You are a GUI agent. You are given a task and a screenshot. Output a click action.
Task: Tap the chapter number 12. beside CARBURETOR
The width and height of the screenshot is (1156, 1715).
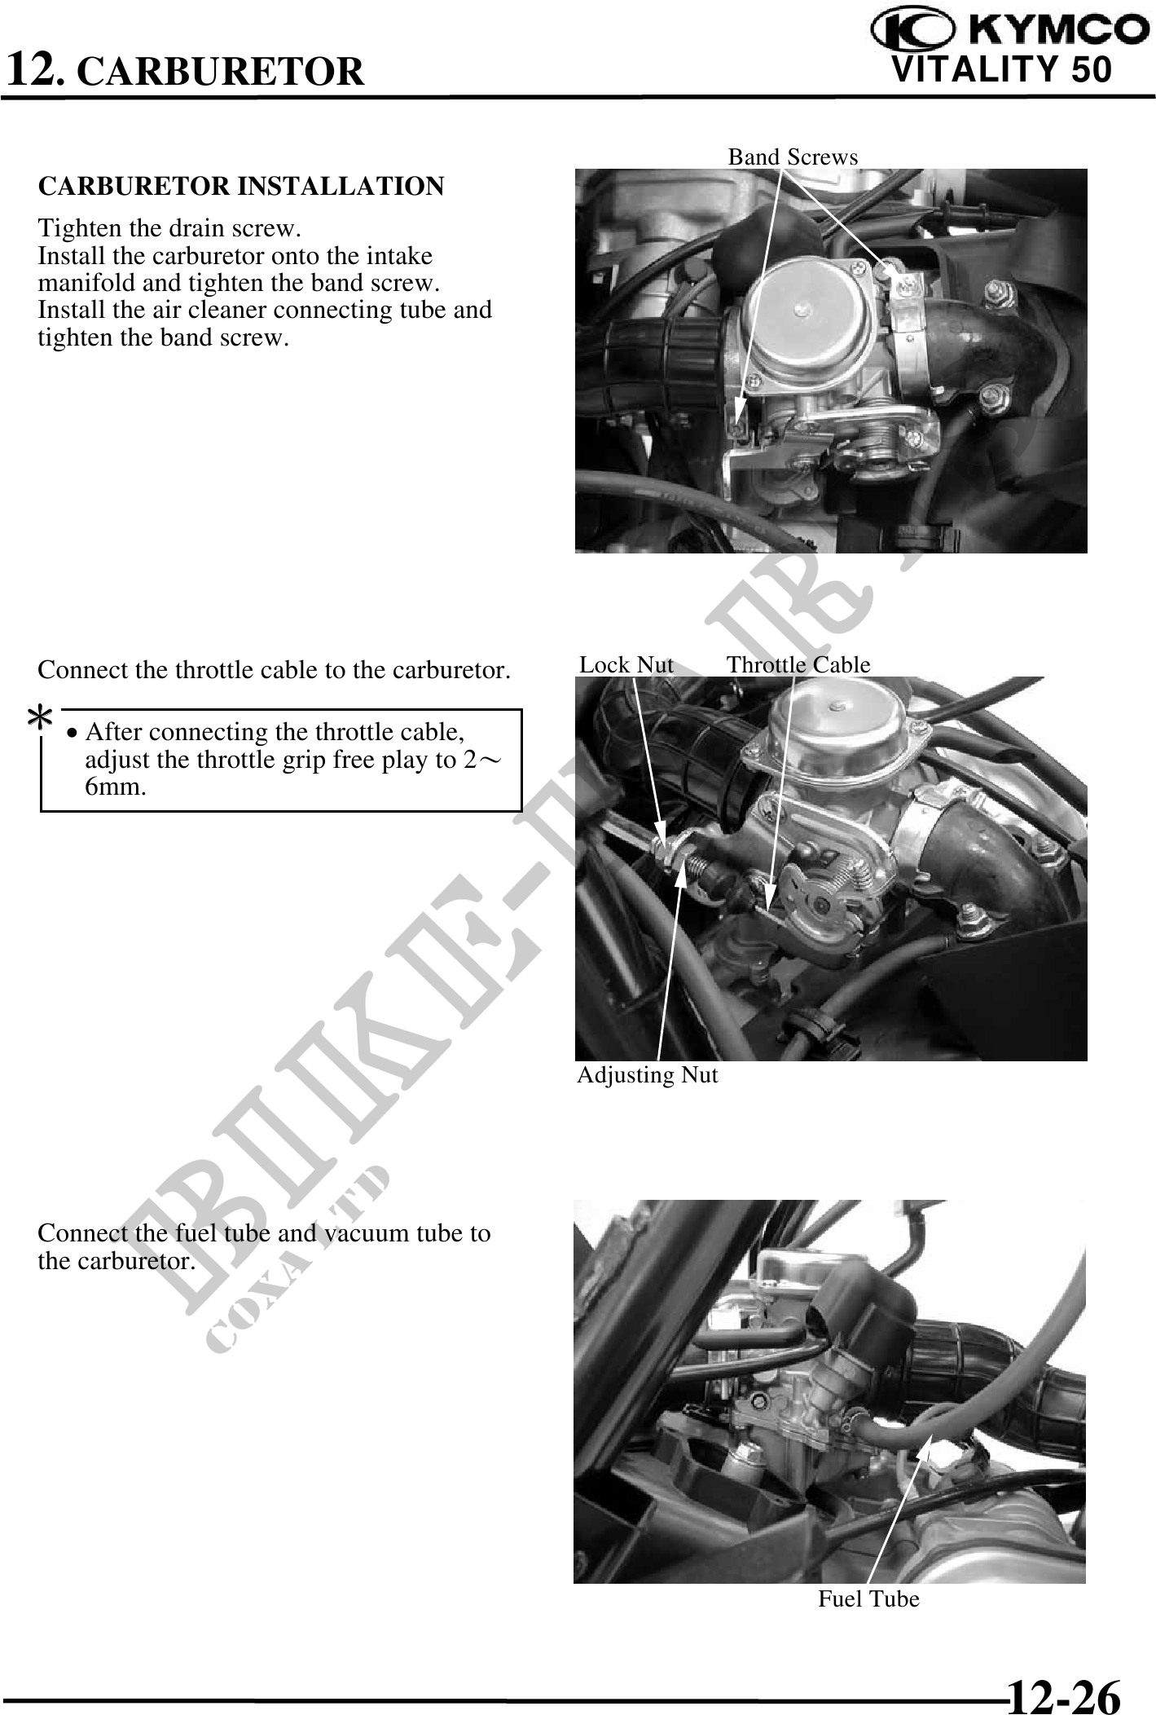35,68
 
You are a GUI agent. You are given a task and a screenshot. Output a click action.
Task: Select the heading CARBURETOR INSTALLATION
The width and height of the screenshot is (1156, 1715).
241,186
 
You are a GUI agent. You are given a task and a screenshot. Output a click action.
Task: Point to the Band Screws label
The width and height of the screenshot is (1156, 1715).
793,157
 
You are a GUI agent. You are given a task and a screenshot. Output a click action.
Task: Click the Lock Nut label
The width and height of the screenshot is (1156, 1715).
626,665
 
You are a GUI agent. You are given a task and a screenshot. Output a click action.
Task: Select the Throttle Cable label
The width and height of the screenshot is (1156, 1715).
798,665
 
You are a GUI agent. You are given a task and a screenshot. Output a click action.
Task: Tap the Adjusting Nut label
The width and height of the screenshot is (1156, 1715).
648,1075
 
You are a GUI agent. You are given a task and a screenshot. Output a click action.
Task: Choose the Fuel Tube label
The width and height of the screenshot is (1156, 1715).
868,1599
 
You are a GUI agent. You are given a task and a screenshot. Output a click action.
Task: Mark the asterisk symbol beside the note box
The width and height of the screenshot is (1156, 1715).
40,718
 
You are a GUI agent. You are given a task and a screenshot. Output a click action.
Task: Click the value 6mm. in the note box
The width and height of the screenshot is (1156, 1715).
116,787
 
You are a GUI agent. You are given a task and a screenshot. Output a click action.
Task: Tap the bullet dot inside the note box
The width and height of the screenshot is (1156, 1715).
73,734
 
